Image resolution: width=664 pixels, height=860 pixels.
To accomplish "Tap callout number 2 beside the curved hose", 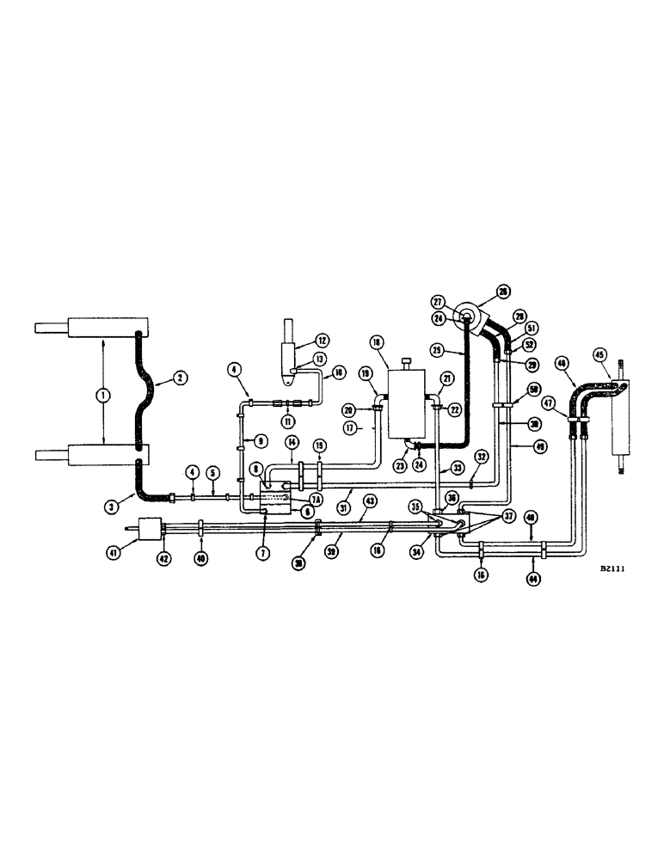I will (x=181, y=376).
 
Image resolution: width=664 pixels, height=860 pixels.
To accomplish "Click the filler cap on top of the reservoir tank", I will (x=407, y=359).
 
